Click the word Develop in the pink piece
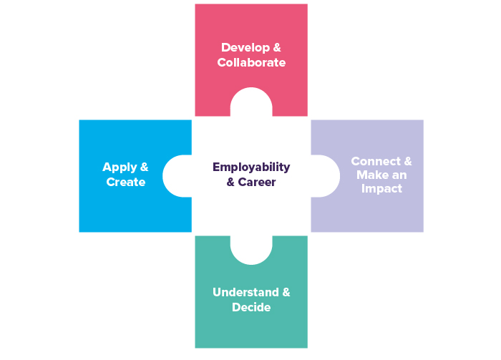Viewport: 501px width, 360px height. click(241, 48)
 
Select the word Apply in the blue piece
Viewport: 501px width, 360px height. click(120, 167)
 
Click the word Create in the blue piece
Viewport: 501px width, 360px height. click(126, 182)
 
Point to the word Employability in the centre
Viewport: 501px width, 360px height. click(251, 167)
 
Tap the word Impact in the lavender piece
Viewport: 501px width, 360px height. click(381, 189)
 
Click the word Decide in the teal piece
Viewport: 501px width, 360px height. click(251, 307)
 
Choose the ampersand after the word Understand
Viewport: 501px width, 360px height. click(286, 293)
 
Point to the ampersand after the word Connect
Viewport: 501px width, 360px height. click(407, 161)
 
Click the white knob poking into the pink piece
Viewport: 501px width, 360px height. click(251, 102)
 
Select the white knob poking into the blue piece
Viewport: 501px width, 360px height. click(177, 176)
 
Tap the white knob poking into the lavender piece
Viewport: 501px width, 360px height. click(325, 176)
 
